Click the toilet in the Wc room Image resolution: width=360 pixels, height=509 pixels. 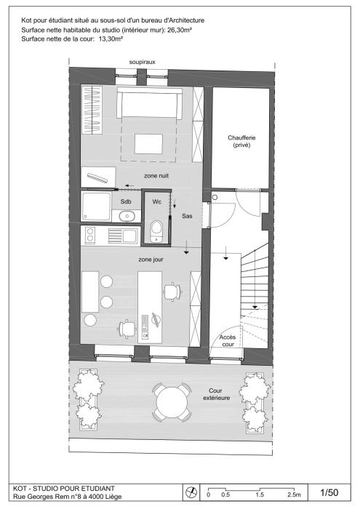pos(157,231)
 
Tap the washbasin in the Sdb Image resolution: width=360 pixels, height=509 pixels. pos(127,215)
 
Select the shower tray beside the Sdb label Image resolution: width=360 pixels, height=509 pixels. pos(96,207)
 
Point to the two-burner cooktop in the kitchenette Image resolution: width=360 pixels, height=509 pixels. pos(90,235)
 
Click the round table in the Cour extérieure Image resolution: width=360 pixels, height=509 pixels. pos(172,402)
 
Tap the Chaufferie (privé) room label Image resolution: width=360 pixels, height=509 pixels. pos(241,142)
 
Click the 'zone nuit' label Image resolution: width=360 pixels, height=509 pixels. pos(156,176)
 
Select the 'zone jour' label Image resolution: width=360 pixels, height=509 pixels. pos(151,260)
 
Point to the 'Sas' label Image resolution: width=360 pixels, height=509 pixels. pos(187,216)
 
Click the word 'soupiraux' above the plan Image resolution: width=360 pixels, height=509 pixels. pos(143,62)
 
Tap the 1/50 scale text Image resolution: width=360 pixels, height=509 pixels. pos(329,492)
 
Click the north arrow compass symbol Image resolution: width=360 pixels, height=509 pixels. pos(191,493)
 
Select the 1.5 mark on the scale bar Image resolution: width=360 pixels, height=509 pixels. pos(260,495)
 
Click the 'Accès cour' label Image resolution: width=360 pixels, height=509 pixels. pos(227,340)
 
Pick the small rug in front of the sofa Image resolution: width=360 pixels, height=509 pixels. pos(148,144)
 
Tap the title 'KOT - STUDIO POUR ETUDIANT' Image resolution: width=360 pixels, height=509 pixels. pos(63,488)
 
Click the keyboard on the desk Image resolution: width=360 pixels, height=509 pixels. pos(145,322)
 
